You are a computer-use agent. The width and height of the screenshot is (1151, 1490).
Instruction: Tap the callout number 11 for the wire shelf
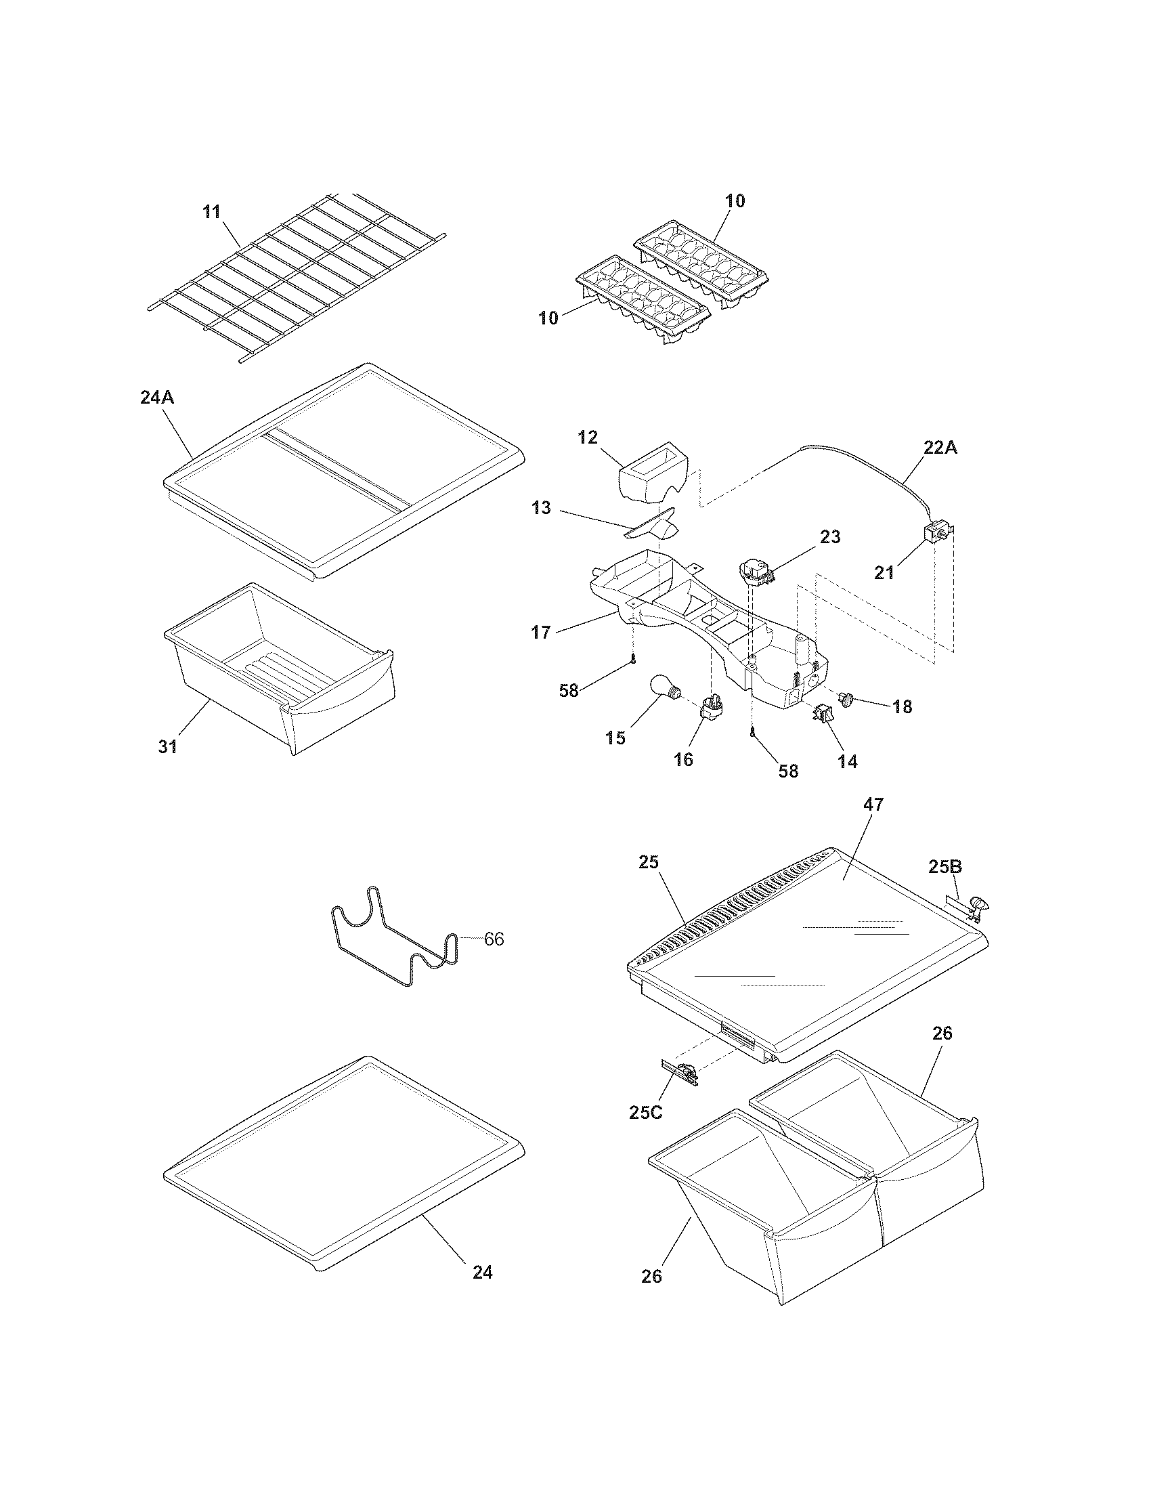point(212,211)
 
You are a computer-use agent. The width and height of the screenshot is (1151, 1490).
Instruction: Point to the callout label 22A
point(940,449)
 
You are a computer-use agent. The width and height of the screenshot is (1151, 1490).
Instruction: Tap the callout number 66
point(494,939)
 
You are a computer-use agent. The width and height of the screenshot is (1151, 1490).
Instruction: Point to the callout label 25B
point(945,867)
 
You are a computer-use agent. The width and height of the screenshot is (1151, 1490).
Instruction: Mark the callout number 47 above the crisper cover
point(873,805)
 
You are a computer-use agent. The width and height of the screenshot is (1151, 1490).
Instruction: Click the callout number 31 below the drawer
point(168,746)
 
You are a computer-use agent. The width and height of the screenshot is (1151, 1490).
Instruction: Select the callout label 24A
point(157,397)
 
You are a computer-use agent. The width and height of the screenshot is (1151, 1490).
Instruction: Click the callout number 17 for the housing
point(541,633)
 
